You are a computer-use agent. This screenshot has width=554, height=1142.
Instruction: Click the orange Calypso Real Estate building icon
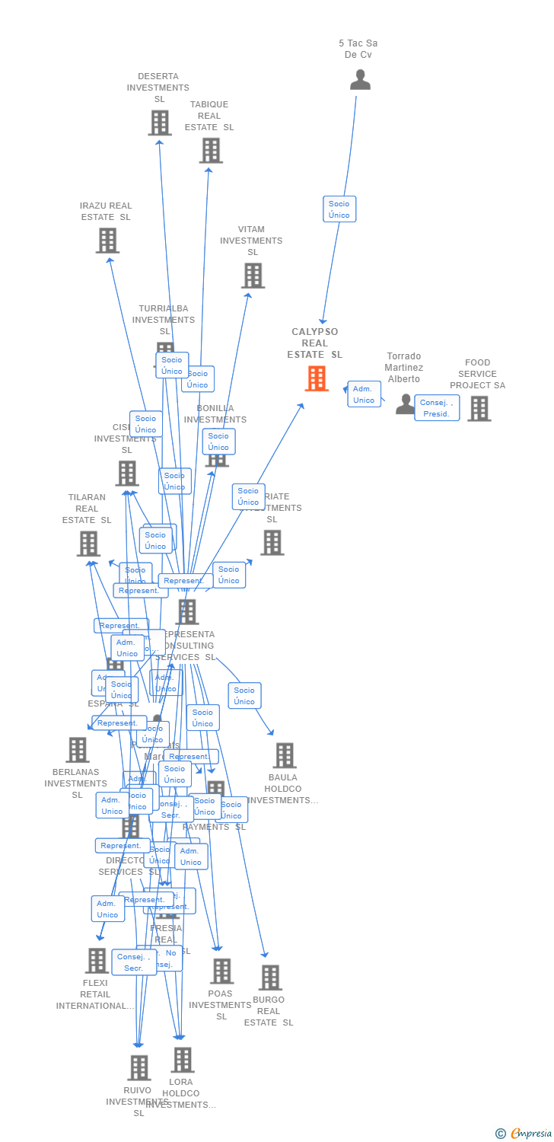(x=317, y=378)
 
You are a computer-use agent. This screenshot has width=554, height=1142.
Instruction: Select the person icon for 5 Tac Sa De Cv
(x=360, y=80)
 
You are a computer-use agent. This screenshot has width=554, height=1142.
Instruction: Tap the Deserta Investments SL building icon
(x=160, y=123)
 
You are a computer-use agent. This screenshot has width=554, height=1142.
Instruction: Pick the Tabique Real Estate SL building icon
(x=211, y=151)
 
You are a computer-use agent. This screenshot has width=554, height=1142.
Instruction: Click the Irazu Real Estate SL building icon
(x=107, y=241)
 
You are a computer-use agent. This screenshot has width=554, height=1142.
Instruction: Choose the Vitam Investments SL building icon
(x=253, y=276)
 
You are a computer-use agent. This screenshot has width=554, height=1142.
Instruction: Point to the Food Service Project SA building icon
(x=479, y=409)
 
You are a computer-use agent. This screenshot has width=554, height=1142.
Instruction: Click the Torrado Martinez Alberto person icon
(x=405, y=404)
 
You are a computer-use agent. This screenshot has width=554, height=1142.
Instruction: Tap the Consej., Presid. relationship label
(x=437, y=408)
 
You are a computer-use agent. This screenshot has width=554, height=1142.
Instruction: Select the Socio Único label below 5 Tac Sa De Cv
(x=339, y=209)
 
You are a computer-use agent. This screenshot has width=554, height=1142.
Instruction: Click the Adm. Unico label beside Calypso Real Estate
(x=364, y=394)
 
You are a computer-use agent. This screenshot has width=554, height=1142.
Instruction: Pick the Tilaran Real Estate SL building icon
(x=88, y=544)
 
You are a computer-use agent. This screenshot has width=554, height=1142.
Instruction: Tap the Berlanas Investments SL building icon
(x=77, y=750)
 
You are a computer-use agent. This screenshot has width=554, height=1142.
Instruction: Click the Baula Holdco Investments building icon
(x=284, y=755)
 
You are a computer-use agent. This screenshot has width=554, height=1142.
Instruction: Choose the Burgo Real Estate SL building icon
(x=269, y=978)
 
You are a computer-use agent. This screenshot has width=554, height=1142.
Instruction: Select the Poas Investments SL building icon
(x=221, y=971)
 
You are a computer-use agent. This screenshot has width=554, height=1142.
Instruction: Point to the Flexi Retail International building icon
(x=97, y=961)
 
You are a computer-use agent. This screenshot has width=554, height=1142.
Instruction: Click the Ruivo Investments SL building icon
(x=138, y=1068)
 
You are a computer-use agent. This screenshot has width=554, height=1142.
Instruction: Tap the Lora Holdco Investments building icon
(x=182, y=1060)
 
